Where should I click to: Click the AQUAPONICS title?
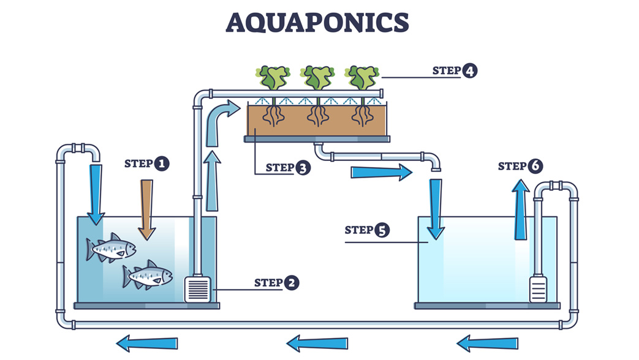[x=317, y=23]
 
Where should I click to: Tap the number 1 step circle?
[x=161, y=163]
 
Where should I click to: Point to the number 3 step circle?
[x=303, y=167]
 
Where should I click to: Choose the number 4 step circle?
[x=469, y=70]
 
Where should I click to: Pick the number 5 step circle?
[x=381, y=230]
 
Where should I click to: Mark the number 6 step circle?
[x=535, y=166]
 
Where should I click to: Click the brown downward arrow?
[x=146, y=209]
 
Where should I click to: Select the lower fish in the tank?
[x=148, y=276]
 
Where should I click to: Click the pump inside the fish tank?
[x=198, y=289]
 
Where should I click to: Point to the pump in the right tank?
[x=538, y=288]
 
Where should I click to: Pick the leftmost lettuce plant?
[x=274, y=78]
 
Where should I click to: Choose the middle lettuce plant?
[x=317, y=78]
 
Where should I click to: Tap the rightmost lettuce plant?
[x=361, y=78]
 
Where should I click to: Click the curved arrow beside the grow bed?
[x=218, y=119]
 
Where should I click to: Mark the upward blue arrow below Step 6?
[x=520, y=208]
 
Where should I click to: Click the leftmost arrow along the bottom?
[x=147, y=343]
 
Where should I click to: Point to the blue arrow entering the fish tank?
[x=96, y=193]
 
